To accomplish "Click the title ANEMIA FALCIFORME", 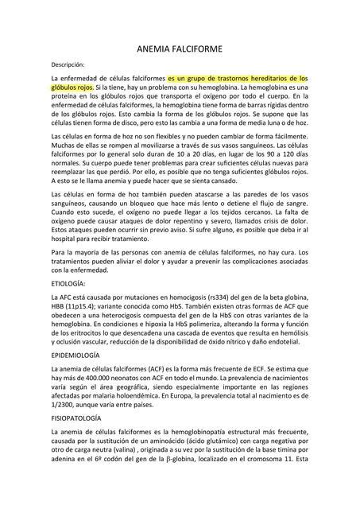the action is (x=180, y=49).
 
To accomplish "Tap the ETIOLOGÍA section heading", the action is (x=68, y=284).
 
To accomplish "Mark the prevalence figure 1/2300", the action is (x=67, y=403).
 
